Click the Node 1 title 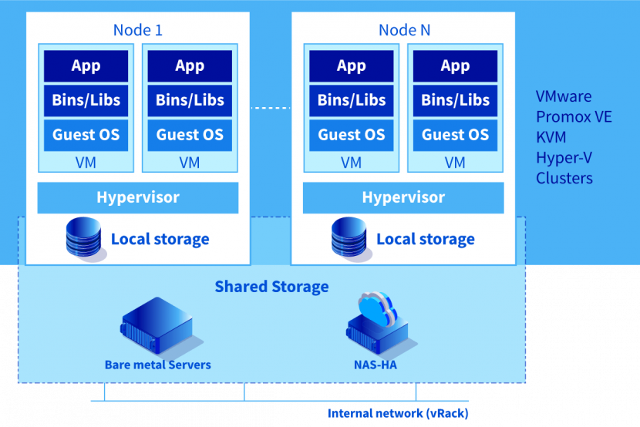138,30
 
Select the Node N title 404,30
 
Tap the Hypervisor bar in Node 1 138,197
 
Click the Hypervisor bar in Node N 403,197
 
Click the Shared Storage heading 271,287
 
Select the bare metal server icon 157,326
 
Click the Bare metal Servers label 158,365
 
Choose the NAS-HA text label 375,365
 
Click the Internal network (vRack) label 398,413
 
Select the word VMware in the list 564,96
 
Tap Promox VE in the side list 574,117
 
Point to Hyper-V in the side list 564,158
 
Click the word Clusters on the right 564,178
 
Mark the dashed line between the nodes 271,108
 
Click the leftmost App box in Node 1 86,66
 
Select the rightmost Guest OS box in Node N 455,135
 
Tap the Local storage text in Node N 425,239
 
